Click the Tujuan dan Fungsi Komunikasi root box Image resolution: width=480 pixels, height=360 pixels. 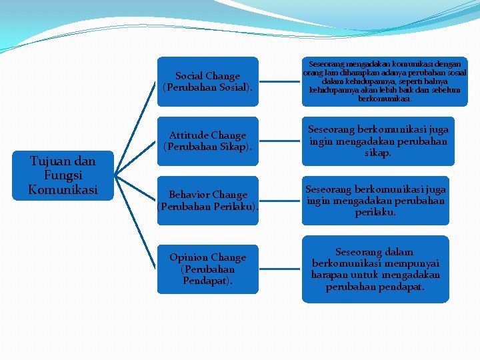point(63,175)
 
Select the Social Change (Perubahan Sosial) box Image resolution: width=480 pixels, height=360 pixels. point(207,82)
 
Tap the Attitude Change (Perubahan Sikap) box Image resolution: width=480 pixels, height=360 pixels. point(207,141)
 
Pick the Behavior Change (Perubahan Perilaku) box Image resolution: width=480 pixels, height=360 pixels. point(207,201)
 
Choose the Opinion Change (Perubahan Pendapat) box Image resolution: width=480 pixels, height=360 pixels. point(207,269)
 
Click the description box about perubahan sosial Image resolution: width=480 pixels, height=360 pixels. point(385,81)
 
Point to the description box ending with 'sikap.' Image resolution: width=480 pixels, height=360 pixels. point(377,141)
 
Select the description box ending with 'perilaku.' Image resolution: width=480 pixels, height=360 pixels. point(375,200)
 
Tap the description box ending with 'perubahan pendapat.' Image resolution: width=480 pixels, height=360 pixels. point(375,269)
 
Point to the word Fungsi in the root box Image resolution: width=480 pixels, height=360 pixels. point(63,175)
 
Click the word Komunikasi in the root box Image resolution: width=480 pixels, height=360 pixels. point(63,189)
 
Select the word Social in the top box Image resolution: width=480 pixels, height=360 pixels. point(189,76)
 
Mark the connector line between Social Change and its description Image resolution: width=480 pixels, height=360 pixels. point(280,82)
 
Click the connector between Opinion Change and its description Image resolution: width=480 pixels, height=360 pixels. point(280,269)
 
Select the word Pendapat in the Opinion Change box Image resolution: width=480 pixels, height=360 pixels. point(207,281)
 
